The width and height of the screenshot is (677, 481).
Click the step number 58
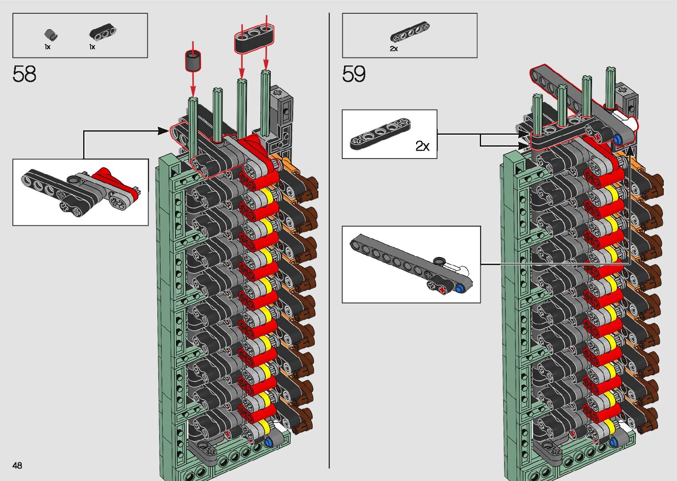[x=24, y=74]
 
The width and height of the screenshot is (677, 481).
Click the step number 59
[x=354, y=74]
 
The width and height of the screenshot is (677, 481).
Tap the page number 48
[x=17, y=465]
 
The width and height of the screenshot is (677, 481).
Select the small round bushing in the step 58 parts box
[x=51, y=34]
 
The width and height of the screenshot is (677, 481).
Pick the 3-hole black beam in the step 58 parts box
[x=103, y=32]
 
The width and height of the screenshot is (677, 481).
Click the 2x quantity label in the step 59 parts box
[x=394, y=49]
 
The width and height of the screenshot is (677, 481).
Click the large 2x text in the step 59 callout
[x=422, y=146]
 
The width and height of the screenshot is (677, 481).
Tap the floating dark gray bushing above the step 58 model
[x=193, y=61]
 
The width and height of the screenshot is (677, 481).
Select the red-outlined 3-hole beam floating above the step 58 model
[x=254, y=38]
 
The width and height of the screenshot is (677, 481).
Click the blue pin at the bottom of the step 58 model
[x=268, y=442]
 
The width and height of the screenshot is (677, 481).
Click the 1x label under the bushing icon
[x=47, y=47]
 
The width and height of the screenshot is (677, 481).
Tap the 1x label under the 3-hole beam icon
[x=92, y=47]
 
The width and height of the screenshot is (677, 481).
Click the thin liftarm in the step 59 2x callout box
[x=380, y=133]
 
